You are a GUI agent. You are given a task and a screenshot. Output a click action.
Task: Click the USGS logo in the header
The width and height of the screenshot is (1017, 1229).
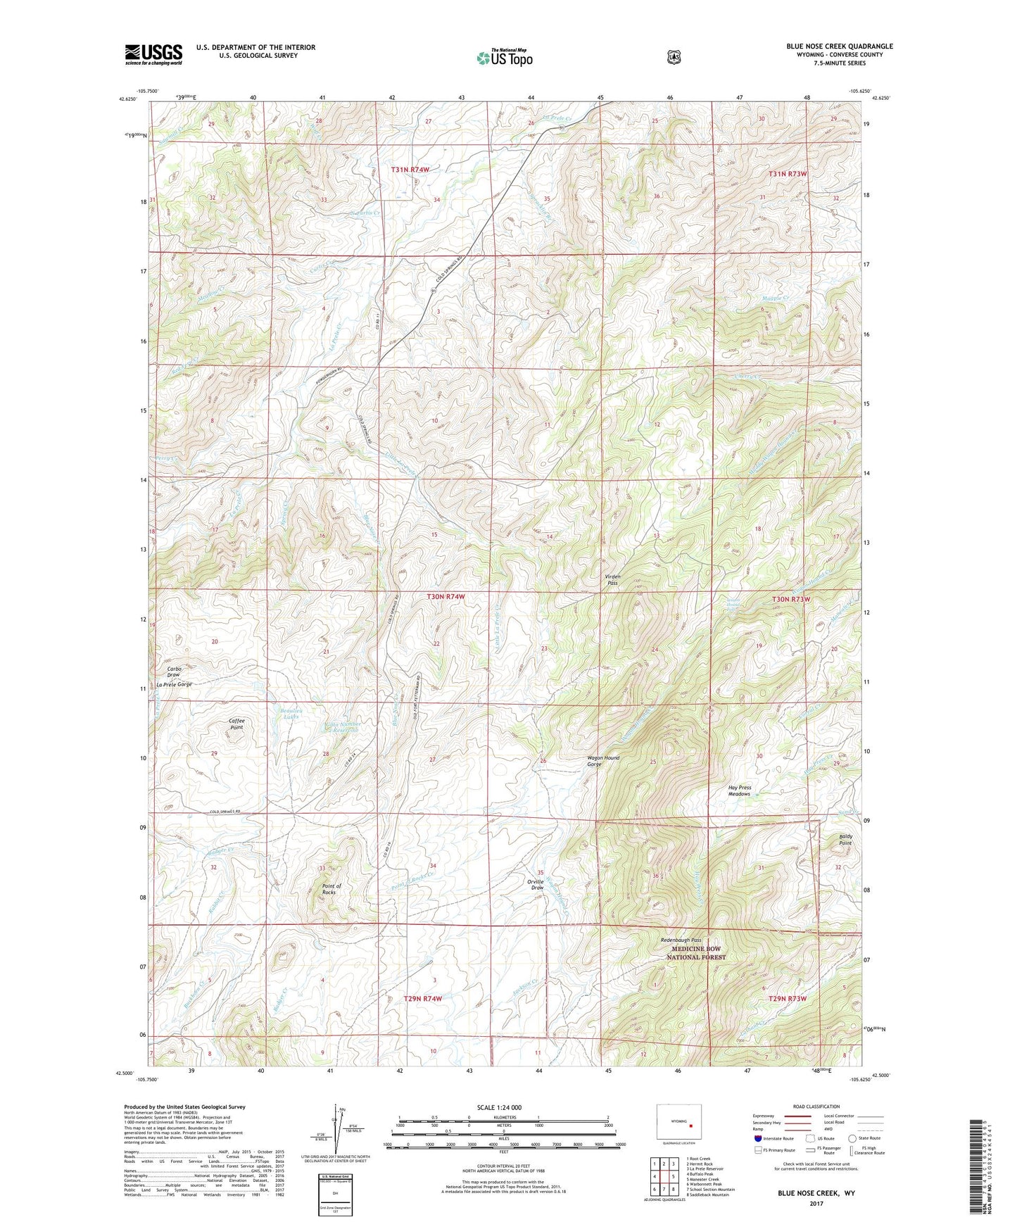[153, 54]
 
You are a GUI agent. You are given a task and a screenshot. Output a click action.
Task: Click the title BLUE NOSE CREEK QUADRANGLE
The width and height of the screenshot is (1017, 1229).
[839, 46]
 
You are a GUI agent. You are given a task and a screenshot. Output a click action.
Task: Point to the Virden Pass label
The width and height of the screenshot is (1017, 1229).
[613, 579]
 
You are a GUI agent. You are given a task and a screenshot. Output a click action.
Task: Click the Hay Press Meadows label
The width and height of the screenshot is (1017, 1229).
[739, 790]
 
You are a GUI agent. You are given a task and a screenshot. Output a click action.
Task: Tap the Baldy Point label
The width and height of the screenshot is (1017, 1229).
[845, 840]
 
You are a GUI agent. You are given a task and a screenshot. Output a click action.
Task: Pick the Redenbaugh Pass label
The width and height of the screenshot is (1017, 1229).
[681, 940]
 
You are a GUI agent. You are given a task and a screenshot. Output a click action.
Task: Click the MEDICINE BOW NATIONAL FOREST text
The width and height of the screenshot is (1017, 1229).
[696, 953]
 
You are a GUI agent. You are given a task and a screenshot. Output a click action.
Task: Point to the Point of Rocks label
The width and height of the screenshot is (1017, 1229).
[331, 889]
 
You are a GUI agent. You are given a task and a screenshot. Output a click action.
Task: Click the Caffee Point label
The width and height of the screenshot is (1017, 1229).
[236, 724]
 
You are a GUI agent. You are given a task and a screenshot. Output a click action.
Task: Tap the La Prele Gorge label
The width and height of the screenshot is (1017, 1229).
[174, 684]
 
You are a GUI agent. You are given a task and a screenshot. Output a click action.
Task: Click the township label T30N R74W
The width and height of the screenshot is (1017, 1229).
[446, 596]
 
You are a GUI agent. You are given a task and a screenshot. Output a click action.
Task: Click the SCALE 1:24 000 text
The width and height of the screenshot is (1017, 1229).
[499, 1107]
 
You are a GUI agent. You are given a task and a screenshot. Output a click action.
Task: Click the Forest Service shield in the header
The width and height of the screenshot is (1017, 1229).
[674, 57]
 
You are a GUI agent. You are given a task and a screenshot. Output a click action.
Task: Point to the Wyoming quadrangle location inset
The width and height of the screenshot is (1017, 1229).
[679, 1126]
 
